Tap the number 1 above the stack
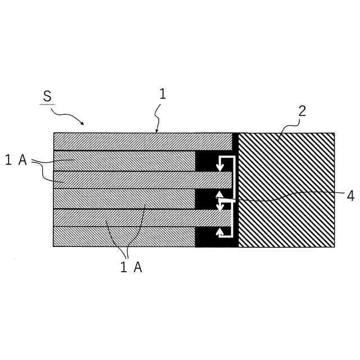[x=163, y=94]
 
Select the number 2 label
[x=302, y=111]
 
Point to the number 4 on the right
[x=350, y=196]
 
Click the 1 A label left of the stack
[x=16, y=161]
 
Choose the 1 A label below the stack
[x=131, y=268]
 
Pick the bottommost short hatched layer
[x=124, y=236]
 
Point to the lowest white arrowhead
[x=220, y=230]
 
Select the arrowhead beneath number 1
[x=157, y=131]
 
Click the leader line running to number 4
[x=281, y=198]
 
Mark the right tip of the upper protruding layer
[x=231, y=179]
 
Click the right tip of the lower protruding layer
[x=231, y=217]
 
